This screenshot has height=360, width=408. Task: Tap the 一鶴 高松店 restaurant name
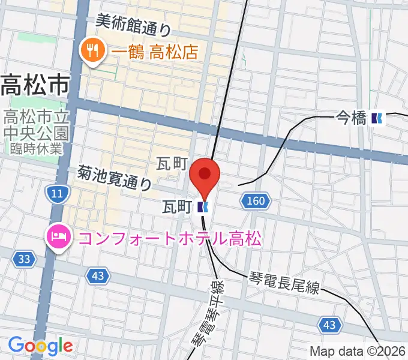(x=155, y=52)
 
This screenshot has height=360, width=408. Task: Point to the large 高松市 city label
(x=34, y=85)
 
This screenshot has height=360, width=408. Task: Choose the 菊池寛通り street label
(x=114, y=178)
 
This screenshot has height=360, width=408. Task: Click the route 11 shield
(x=58, y=193)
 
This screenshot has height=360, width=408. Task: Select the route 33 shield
(x=24, y=259)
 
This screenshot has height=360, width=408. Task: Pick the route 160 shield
(x=254, y=202)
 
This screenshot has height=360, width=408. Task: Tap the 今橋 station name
(x=350, y=119)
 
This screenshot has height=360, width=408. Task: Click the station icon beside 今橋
(x=377, y=119)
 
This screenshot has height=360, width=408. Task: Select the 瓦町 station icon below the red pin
(x=203, y=208)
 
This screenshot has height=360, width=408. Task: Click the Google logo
(x=40, y=346)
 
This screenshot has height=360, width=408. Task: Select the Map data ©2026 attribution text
(x=358, y=352)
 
